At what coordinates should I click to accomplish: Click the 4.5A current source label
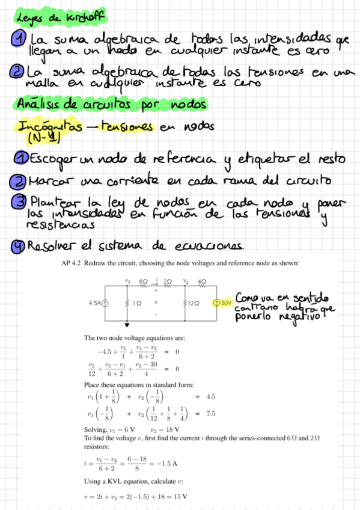coord(94,302)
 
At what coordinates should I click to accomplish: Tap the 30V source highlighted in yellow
coord(223,302)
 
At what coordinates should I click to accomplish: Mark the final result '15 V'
coord(179,497)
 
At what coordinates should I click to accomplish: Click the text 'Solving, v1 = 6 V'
coord(107,429)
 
